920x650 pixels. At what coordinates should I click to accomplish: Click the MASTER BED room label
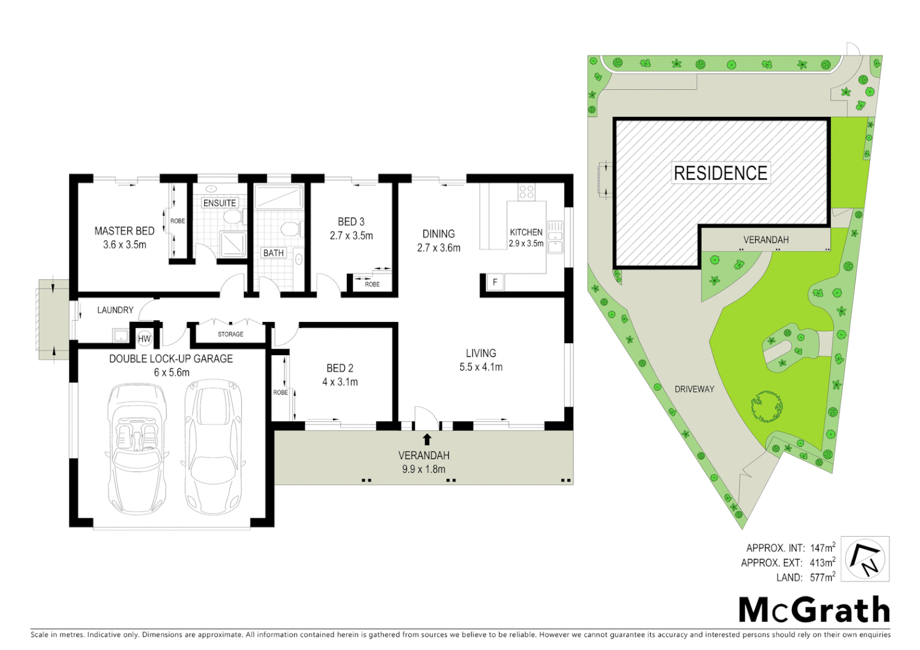(125, 231)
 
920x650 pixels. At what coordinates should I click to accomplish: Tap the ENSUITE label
(220, 203)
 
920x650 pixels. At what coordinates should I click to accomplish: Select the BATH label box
(273, 253)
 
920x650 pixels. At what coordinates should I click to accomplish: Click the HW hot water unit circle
(145, 339)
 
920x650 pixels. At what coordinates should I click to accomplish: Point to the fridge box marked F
(495, 282)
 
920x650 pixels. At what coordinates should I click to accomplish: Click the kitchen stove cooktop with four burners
(526, 192)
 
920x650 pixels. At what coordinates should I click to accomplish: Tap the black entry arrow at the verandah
(427, 439)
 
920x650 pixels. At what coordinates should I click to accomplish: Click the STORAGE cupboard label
(231, 334)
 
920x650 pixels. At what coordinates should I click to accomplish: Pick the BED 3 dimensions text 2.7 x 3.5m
(351, 236)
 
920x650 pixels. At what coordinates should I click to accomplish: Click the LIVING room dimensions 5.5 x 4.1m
(480, 367)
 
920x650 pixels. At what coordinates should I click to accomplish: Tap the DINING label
(438, 234)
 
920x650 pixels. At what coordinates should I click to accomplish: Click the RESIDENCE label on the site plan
(720, 173)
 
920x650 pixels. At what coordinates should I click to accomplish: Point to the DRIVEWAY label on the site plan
(694, 389)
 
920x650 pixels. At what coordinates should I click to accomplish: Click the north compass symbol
(865, 559)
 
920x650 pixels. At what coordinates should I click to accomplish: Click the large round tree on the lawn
(767, 407)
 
